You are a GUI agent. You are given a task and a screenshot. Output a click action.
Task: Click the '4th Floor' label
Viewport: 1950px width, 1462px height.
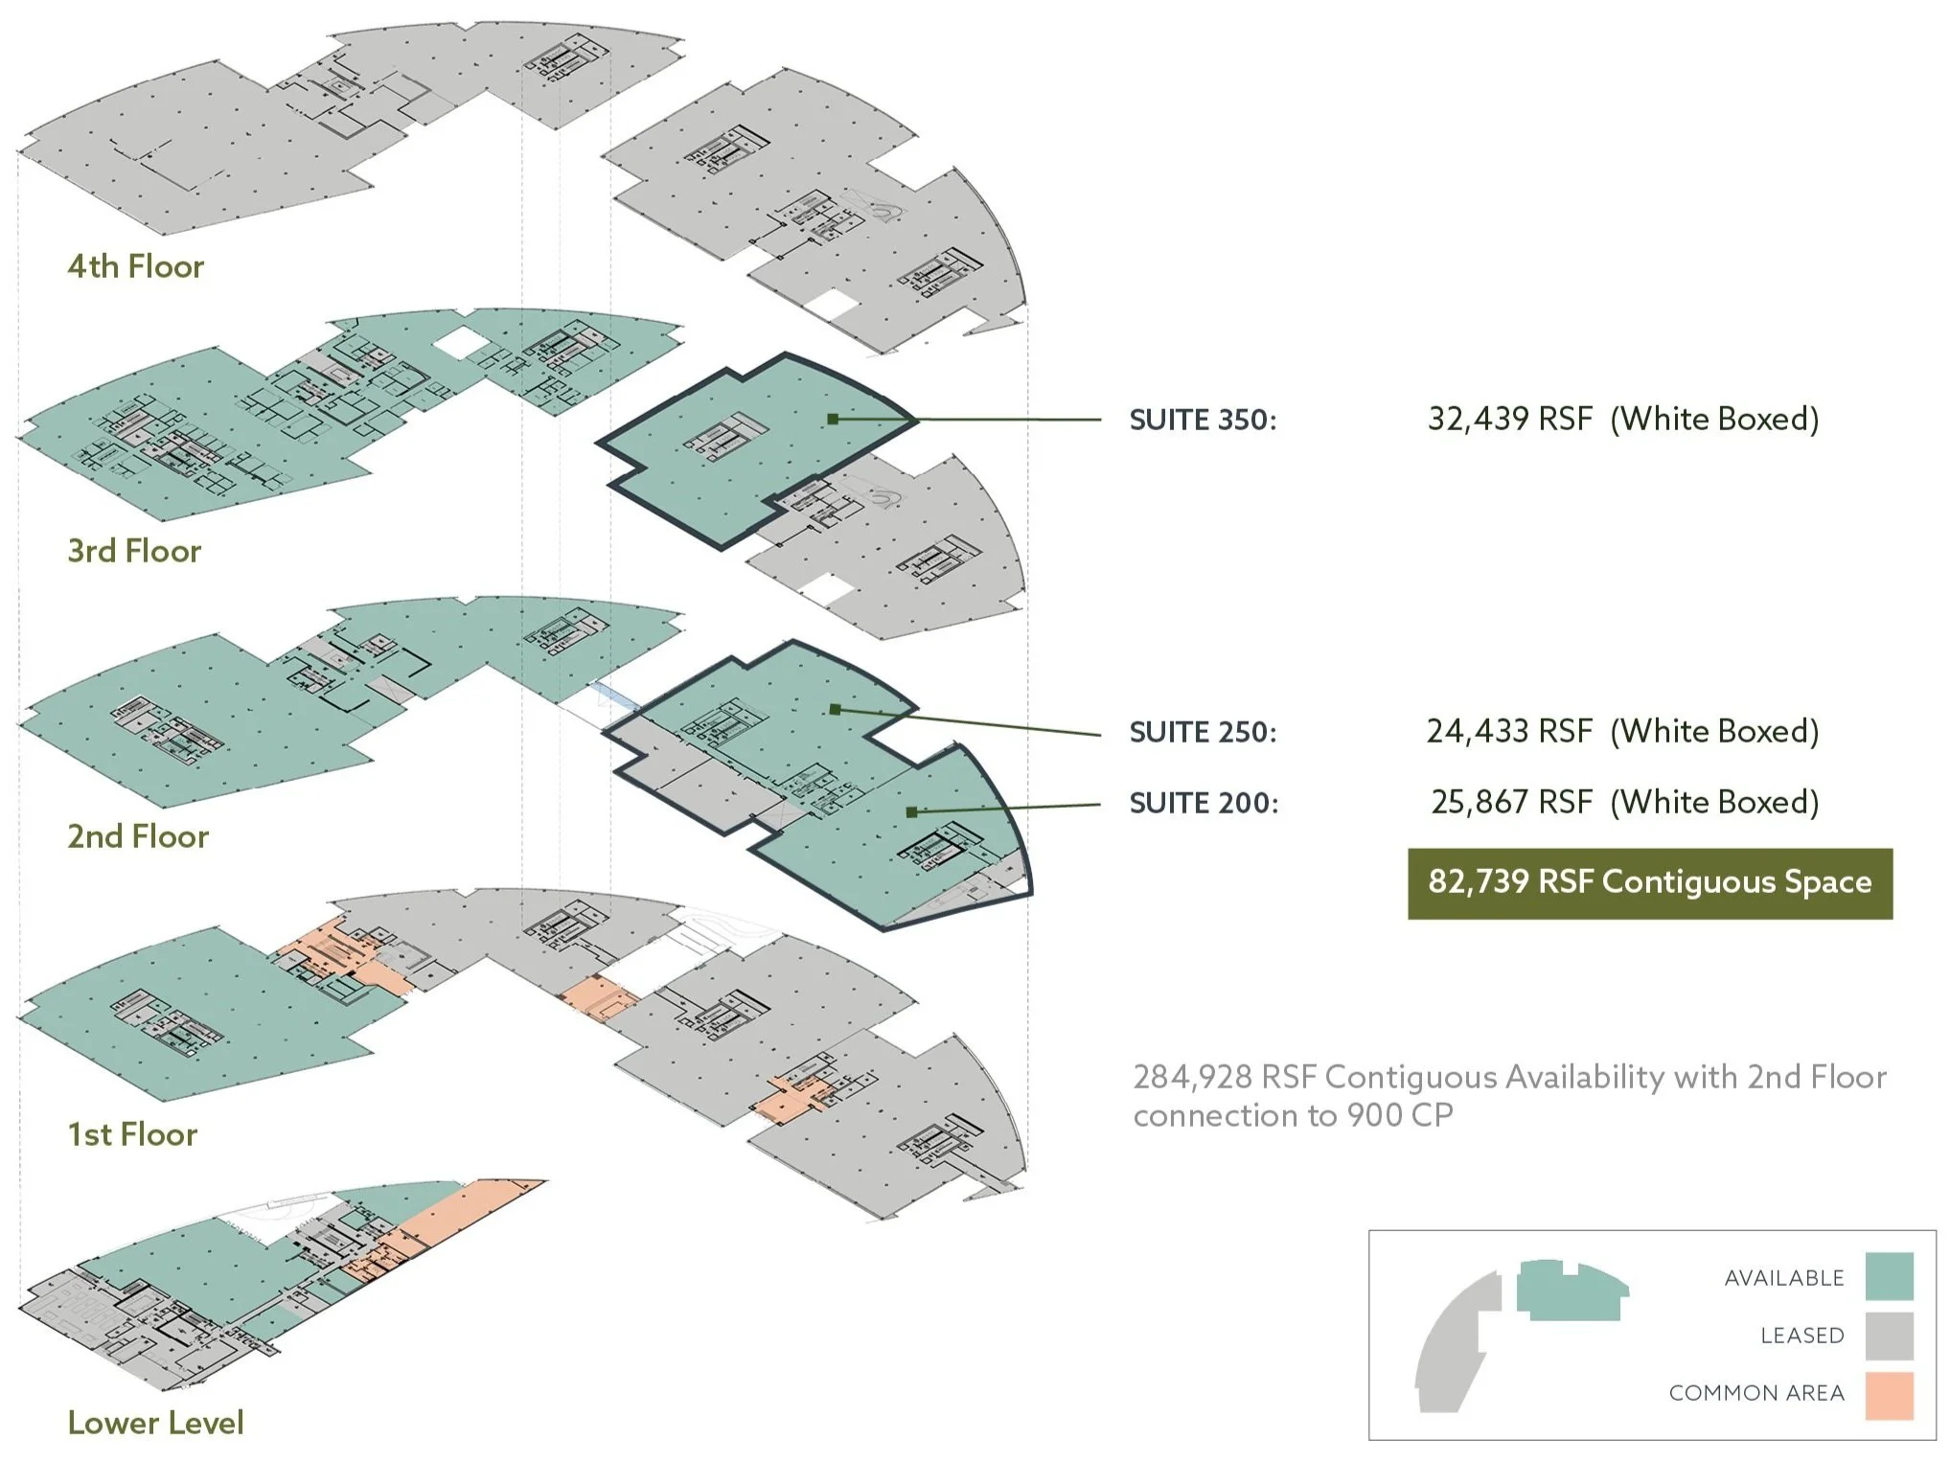point(135,266)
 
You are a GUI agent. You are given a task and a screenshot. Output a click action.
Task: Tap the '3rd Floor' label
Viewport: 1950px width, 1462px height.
point(134,551)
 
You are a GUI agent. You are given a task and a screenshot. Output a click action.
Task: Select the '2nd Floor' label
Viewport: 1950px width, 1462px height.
point(137,836)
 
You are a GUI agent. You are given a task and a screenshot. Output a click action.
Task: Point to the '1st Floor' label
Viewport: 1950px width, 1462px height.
point(132,1134)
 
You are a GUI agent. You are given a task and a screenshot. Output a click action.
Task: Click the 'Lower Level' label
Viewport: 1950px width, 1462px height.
point(155,1423)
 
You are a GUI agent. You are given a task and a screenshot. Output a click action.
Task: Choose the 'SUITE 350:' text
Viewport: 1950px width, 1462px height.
point(1203,420)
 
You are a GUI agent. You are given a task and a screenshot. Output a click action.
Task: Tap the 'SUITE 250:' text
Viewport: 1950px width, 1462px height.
point(1203,732)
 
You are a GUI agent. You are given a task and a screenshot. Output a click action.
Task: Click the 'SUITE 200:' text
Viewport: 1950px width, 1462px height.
point(1204,803)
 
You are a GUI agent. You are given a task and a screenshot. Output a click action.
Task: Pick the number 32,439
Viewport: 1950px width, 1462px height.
point(1478,419)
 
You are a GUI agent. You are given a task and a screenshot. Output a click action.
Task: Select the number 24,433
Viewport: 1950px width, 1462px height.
point(1477,731)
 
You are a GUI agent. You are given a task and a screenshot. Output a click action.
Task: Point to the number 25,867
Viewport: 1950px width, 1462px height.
point(1479,802)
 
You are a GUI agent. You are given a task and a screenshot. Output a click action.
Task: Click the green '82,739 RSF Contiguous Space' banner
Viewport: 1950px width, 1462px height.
point(1649,882)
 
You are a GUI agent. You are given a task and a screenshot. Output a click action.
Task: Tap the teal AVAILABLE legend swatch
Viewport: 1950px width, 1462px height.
point(1889,1276)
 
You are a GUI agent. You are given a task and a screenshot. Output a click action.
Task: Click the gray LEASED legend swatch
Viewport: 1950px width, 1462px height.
point(1889,1336)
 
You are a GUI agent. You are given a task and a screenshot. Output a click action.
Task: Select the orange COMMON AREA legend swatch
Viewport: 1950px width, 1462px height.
point(1889,1395)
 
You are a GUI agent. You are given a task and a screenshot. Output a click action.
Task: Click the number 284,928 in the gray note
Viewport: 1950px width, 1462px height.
point(1192,1078)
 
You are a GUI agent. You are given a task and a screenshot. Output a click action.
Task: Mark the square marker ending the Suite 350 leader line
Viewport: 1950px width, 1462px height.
point(833,419)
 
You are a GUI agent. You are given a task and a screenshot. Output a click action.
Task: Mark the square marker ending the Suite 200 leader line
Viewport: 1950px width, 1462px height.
point(911,811)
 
